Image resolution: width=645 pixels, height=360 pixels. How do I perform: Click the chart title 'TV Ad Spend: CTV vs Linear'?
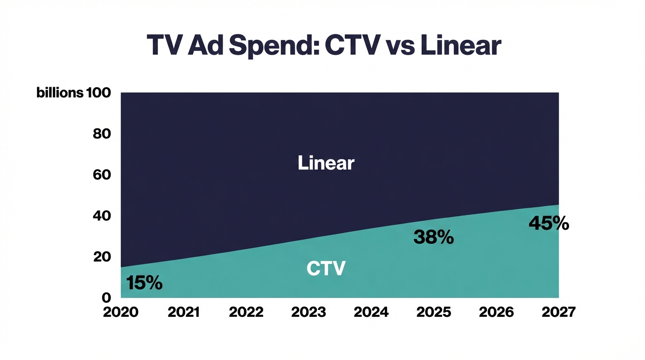pos(323,46)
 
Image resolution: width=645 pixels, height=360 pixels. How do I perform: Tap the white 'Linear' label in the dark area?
pos(326,163)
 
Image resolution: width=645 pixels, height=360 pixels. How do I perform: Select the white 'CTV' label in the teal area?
pos(326,269)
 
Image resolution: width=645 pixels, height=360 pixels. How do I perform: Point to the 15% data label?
pos(144,283)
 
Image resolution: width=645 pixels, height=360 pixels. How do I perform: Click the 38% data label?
pos(434,237)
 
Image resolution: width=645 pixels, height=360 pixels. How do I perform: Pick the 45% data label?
pos(549,223)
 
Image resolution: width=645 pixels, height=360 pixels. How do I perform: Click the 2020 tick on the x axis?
pos(121,312)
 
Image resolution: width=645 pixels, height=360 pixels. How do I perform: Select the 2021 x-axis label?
pos(183,312)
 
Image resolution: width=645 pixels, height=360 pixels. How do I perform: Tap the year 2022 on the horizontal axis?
pos(246,312)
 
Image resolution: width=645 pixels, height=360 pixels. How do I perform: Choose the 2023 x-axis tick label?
pos(308,312)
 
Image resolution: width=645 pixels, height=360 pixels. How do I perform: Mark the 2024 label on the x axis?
pos(371,312)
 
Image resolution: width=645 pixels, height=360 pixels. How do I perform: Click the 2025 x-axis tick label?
pos(434,312)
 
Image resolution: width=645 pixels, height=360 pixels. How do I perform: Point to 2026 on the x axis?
pos(496,312)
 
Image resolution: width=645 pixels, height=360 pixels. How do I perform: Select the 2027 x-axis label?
pos(558,312)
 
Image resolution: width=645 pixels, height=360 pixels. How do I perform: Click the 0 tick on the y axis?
pos(106,298)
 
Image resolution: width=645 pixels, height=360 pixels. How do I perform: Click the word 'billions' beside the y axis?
pos(60,93)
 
